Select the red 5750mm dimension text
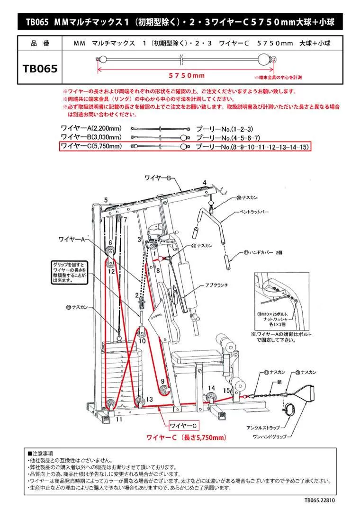(x=187, y=76)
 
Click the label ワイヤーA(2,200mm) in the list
(x=91, y=128)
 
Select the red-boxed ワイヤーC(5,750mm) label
(x=91, y=147)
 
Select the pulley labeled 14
(x=210, y=397)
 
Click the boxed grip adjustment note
(x=69, y=271)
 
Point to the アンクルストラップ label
(x=261, y=427)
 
